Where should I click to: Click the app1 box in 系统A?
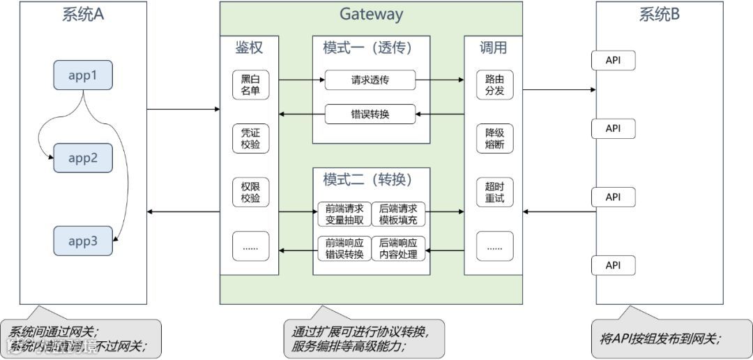tap(83, 75)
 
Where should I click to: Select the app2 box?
tap(83, 158)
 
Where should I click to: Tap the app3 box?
tap(83, 241)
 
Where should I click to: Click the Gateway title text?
tap(371, 14)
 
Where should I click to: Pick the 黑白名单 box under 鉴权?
tap(250, 85)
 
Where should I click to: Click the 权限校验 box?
tap(250, 193)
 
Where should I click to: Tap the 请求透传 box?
tap(370, 80)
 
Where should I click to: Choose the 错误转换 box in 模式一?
tap(370, 113)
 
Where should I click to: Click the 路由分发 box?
tap(495, 85)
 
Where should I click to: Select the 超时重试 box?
tap(495, 193)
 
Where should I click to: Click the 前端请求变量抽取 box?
tap(344, 213)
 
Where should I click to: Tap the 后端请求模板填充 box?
tap(399, 213)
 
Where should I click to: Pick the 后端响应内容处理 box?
tap(399, 248)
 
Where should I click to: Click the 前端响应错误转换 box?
tap(344, 248)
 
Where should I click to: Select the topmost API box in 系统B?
tap(614, 60)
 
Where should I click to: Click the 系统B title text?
tap(659, 15)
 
